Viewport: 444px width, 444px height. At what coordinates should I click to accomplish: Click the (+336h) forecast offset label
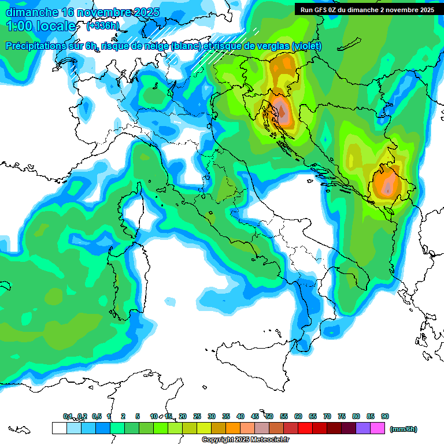(103, 26)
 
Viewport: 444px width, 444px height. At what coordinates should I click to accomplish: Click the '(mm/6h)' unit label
(403, 429)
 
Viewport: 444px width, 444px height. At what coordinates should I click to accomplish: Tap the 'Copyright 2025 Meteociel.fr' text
(246, 440)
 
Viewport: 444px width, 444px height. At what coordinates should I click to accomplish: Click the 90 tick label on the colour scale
(385, 416)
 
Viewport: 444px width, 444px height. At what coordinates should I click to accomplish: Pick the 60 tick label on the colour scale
(298, 416)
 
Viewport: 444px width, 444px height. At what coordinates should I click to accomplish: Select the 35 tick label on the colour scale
(226, 416)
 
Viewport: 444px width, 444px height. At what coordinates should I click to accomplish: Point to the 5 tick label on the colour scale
(138, 416)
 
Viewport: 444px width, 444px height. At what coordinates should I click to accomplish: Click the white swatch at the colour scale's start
(59, 428)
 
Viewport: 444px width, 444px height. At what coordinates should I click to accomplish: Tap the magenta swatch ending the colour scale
(378, 428)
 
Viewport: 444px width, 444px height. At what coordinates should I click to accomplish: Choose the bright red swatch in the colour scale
(305, 428)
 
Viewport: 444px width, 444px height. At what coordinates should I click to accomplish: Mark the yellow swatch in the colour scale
(204, 428)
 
